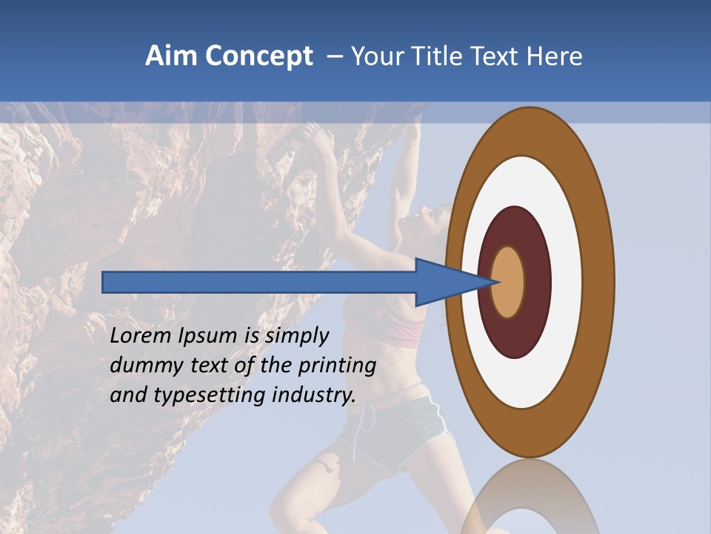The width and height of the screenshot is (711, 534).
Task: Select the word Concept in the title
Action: click(x=260, y=57)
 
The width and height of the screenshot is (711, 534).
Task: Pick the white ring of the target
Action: click(x=563, y=282)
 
